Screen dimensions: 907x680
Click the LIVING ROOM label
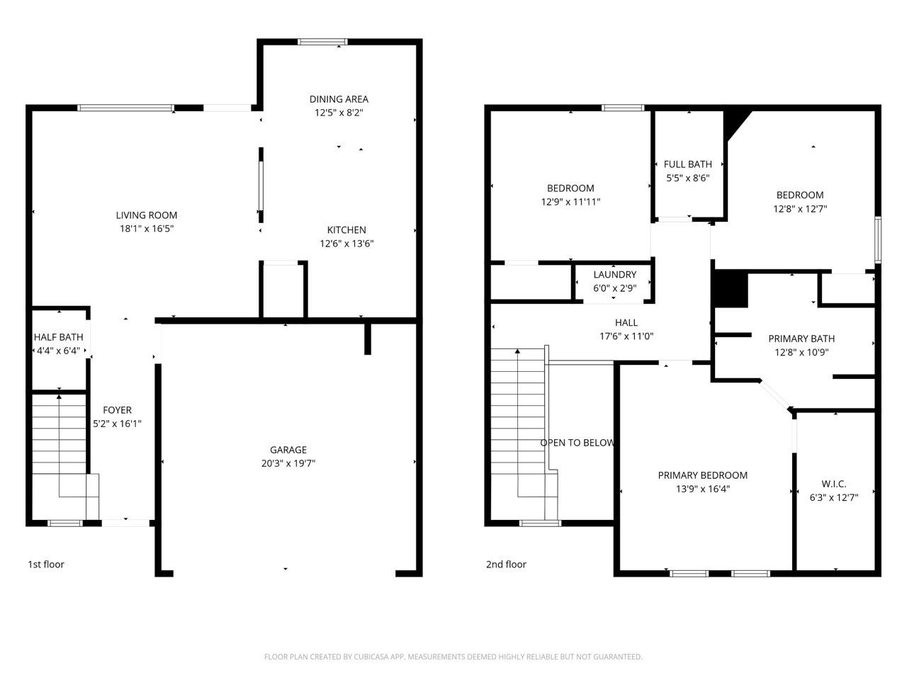pos(146,215)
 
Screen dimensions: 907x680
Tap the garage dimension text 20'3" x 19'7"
pos(288,463)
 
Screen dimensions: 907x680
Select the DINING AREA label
pos(339,99)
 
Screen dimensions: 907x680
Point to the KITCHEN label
pos(347,230)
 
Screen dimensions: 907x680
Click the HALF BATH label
pos(58,337)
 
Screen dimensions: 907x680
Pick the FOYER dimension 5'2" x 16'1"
pos(117,424)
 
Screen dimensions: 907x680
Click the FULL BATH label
pos(687,164)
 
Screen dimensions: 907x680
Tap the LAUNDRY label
pos(615,275)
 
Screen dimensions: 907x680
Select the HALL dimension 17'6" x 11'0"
pos(626,336)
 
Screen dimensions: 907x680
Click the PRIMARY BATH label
pos(801,339)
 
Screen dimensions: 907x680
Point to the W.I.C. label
pos(834,484)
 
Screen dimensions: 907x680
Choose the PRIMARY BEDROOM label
pos(702,475)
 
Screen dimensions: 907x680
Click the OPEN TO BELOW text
pos(578,443)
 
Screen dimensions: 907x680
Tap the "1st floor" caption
pos(46,565)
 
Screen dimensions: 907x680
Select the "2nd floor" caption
pos(506,565)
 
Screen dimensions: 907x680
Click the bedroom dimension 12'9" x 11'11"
pos(570,202)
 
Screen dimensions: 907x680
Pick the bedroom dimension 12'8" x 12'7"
pos(800,208)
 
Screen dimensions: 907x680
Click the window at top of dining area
pos(322,42)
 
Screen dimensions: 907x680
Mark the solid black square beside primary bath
pos(731,288)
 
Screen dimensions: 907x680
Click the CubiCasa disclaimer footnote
pos(453,657)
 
